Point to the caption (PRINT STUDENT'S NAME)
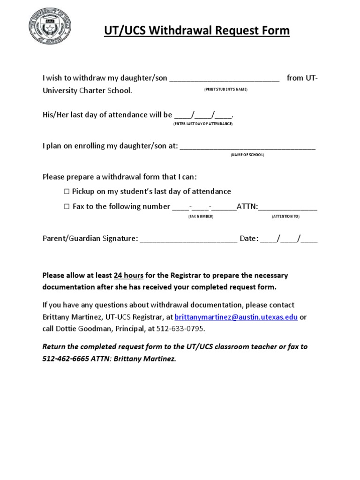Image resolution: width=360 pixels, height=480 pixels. pos(225,90)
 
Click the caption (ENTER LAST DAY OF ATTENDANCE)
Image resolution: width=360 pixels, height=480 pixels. pos(200,123)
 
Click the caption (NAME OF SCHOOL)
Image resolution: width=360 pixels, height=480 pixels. pos(247,155)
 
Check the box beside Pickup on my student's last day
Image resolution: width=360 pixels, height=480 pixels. pos(66,191)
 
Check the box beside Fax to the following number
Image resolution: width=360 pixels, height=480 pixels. pos(66,206)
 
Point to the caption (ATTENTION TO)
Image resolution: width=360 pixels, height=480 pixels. pos(285,217)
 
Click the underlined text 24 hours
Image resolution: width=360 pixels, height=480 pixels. pos(128,275)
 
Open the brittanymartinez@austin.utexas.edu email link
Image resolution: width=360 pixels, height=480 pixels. pos(236,317)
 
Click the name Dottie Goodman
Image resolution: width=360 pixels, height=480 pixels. pos(85,329)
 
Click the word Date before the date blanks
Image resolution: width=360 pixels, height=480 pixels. pos(248,239)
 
